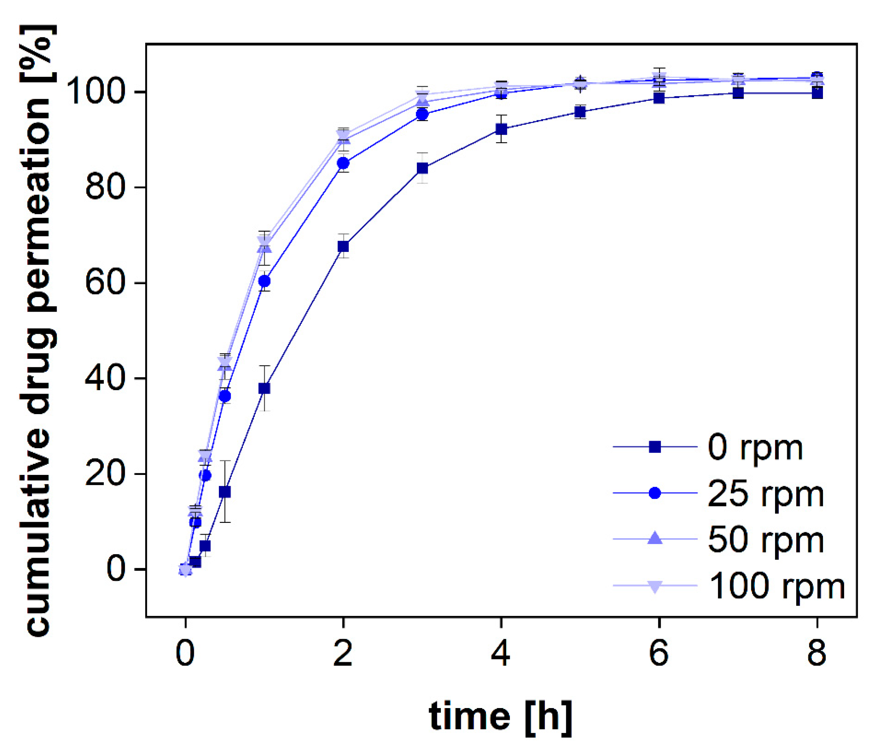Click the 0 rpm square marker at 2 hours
coord(343,246)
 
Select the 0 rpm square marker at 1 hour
coord(264,388)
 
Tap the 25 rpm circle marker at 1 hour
coord(264,281)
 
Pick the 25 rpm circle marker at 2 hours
coord(343,163)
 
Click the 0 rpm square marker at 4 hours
coord(501,129)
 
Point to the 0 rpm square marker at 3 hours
coord(422,168)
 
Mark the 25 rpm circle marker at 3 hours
coord(422,114)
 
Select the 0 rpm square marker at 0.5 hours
coord(225,492)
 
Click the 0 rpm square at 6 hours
coord(659,98)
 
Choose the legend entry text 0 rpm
coord(755,448)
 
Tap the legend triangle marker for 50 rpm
coord(655,539)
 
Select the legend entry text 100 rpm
coord(777,586)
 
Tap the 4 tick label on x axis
coord(501,654)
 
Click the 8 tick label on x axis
coord(817,654)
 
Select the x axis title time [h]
coord(500,717)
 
